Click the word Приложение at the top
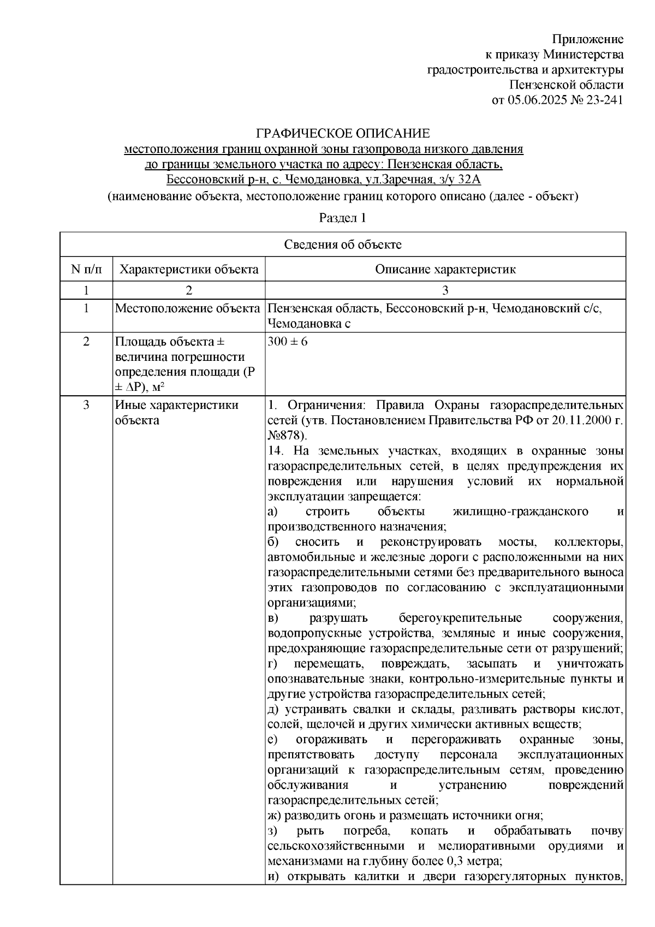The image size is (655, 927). (x=587, y=39)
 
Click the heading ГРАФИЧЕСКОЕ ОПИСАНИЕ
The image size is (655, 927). (x=343, y=133)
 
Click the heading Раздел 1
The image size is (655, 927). (x=342, y=218)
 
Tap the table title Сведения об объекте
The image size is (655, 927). (x=342, y=245)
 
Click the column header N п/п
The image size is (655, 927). (x=86, y=269)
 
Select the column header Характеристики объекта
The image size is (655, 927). (x=189, y=269)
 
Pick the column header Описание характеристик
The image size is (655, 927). (x=445, y=269)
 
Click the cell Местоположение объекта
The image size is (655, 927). (x=187, y=308)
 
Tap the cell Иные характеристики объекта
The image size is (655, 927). (x=176, y=412)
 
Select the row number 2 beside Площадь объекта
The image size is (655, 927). (x=86, y=342)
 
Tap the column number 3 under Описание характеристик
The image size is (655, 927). (x=445, y=290)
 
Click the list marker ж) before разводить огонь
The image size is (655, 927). (x=275, y=816)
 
